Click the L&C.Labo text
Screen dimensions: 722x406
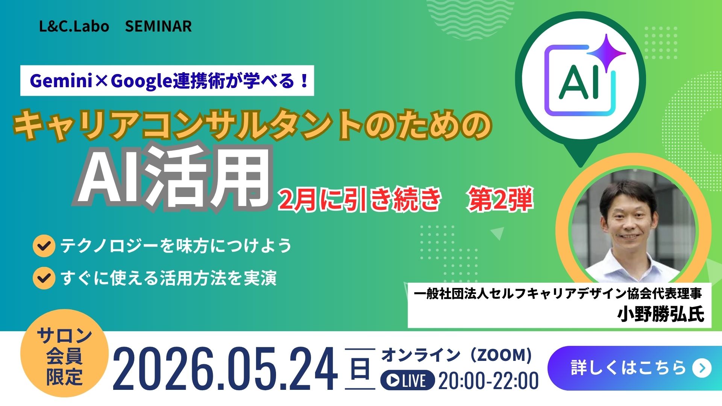tap(74, 26)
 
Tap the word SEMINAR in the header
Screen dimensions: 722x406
tap(158, 26)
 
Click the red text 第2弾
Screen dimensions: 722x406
tap(500, 200)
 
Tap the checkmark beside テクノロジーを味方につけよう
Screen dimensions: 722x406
tap(44, 246)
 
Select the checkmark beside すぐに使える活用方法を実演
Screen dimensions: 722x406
tap(44, 278)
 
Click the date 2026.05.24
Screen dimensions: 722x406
tap(225, 369)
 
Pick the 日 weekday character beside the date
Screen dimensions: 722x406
tap(360, 368)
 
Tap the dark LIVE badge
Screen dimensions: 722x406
tap(408, 380)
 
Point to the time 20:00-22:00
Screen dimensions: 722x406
tap(488, 380)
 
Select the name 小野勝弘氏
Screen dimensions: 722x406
tap(660, 314)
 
